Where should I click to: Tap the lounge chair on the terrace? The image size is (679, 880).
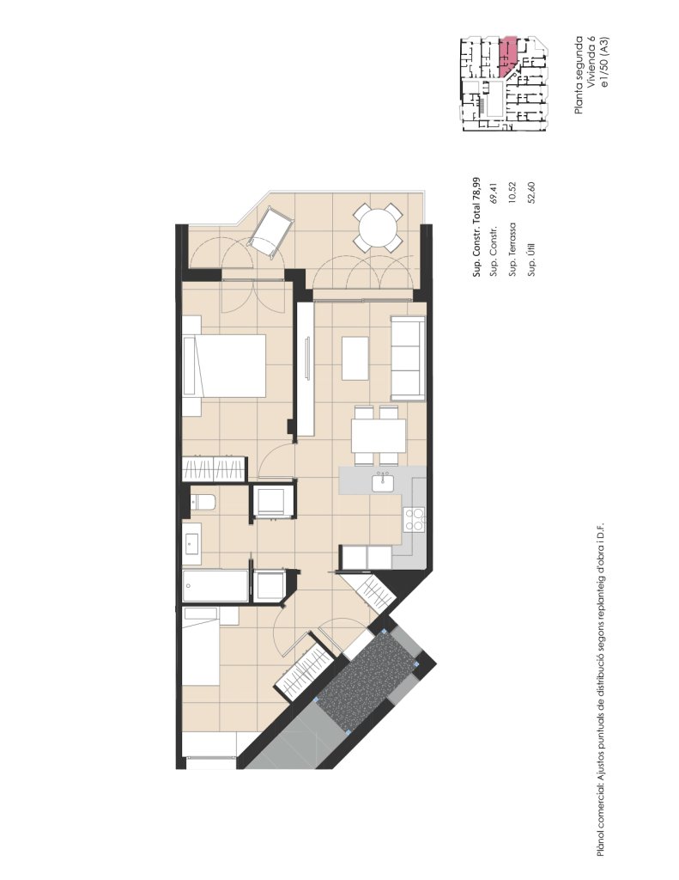(x=271, y=233)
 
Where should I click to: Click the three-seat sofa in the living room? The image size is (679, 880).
(x=408, y=357)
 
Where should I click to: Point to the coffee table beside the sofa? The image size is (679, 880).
(x=355, y=358)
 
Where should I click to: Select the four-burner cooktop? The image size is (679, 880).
(x=414, y=518)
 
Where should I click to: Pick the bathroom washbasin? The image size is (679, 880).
(x=191, y=543)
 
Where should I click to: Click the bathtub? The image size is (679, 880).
(x=215, y=586)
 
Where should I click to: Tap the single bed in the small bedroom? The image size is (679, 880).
(x=201, y=646)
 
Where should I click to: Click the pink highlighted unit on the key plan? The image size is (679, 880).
(x=506, y=56)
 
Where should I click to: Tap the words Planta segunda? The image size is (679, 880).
(x=579, y=75)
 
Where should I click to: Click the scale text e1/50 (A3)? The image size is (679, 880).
(x=603, y=62)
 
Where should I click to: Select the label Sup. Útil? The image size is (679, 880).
(x=531, y=260)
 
